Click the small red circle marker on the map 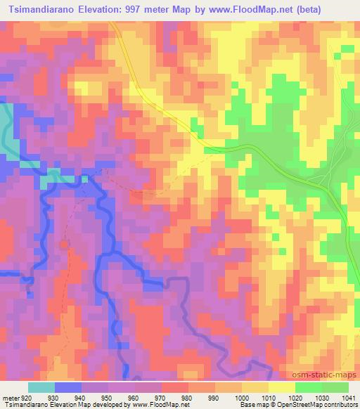coord(65,245)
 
